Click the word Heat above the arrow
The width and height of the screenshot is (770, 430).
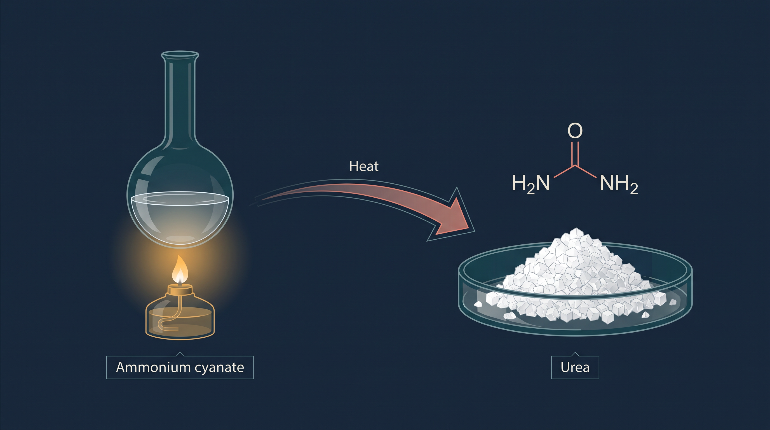pyautogui.click(x=364, y=166)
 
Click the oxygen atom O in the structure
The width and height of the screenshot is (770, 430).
pyautogui.click(x=575, y=130)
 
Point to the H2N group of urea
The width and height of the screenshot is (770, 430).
pyautogui.click(x=530, y=184)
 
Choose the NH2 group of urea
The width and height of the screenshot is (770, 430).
pyautogui.click(x=619, y=184)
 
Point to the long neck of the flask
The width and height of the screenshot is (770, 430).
pyautogui.click(x=180, y=99)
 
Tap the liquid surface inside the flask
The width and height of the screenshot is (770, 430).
pyautogui.click(x=180, y=198)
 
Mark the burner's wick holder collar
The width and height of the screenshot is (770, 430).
pyautogui.click(x=180, y=289)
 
